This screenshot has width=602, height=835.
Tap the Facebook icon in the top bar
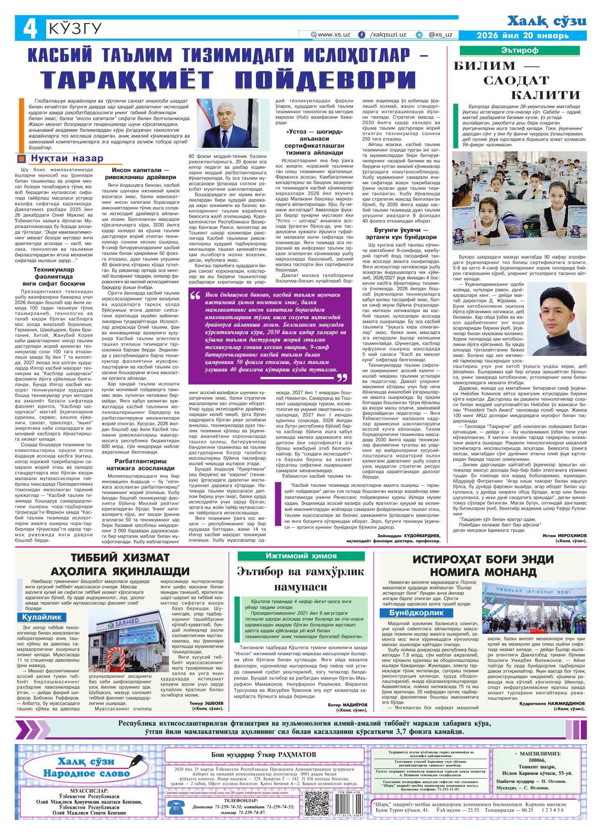(362, 35)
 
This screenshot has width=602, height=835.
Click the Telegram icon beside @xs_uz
(419, 35)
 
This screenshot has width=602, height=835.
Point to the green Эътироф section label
(524, 51)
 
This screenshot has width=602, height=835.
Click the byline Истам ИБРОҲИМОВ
(565, 536)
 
